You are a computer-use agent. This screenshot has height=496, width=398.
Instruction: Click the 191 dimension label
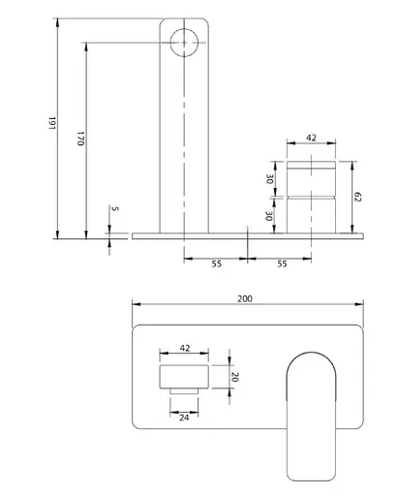tap(52, 123)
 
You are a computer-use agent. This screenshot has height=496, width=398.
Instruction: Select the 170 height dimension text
tap(80, 139)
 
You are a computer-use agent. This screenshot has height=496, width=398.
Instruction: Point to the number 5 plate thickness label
tap(115, 208)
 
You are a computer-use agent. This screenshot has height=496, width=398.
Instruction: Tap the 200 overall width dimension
tap(245, 299)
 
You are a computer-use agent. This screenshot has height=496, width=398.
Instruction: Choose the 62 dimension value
tap(357, 197)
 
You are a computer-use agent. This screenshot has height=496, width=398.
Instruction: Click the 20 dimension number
tap(235, 377)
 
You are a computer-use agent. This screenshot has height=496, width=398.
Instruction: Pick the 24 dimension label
tap(184, 418)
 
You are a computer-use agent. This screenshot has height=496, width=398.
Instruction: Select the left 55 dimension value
tap(217, 263)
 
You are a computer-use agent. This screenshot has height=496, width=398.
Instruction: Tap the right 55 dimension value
tap(282, 263)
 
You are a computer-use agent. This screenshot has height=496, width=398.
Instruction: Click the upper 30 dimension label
tap(269, 179)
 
